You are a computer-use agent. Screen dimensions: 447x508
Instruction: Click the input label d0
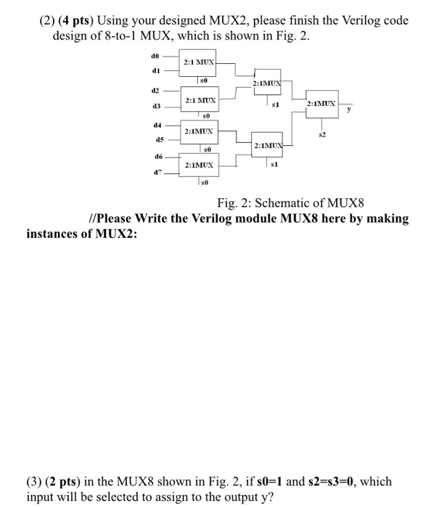coord(154,54)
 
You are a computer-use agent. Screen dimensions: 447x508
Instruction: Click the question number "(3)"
coord(37,481)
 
